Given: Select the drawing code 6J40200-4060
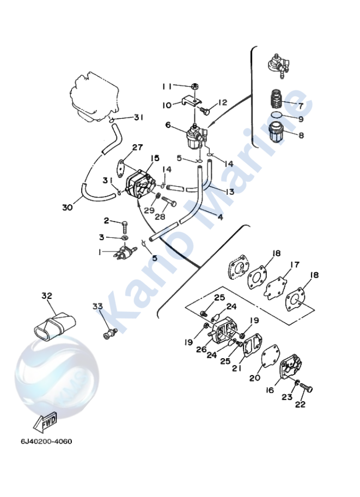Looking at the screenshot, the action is [x=47, y=441].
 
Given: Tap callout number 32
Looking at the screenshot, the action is [x=47, y=296].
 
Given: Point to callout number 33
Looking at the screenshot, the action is [x=97, y=306].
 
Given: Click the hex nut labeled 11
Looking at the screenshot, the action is [x=195, y=86].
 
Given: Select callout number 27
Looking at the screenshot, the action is [x=138, y=147].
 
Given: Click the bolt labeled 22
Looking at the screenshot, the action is [x=306, y=389].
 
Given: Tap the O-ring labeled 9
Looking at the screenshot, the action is [x=277, y=115].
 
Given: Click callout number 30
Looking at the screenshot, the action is [x=68, y=207].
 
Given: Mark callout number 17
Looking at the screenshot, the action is [x=295, y=264].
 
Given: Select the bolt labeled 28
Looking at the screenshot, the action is [x=169, y=202].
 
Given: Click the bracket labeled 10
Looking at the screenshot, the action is [x=191, y=102].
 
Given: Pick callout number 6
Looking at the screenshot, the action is [x=168, y=125].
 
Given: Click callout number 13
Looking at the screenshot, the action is [x=230, y=192].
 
